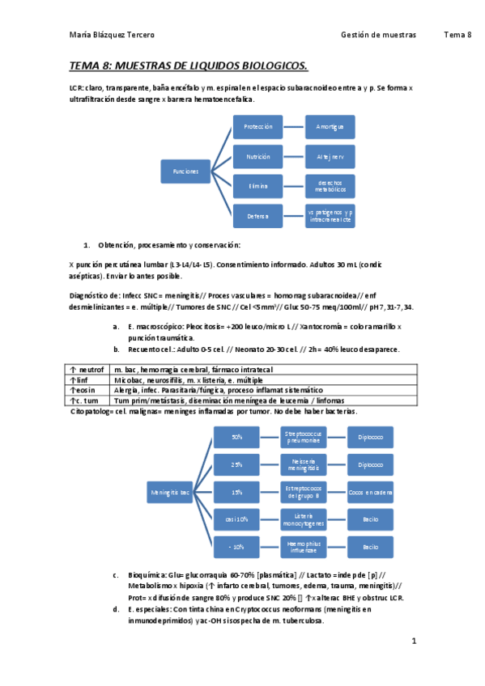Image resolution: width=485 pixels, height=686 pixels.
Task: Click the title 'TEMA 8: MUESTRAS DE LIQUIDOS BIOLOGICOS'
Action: click(x=188, y=65)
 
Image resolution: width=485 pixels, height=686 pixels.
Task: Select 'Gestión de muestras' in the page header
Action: click(x=379, y=35)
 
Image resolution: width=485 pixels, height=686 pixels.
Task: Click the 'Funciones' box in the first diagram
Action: click(x=185, y=171)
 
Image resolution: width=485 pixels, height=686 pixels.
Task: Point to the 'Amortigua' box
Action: click(x=330, y=127)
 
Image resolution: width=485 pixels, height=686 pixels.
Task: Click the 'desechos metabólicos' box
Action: click(x=330, y=186)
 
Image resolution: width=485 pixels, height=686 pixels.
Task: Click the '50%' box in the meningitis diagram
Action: click(x=237, y=437)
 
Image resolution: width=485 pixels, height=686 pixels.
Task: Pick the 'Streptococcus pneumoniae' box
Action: click(x=304, y=437)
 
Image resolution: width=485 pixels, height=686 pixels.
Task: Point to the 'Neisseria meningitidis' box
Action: click(x=304, y=464)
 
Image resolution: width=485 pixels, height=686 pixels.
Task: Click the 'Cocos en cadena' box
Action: click(x=371, y=492)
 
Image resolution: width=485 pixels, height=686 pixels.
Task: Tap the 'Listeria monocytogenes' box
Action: click(x=304, y=519)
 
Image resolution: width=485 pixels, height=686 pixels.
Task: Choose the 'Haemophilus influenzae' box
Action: click(x=304, y=547)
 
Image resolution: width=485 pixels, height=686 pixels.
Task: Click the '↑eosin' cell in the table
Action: click(x=84, y=389)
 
